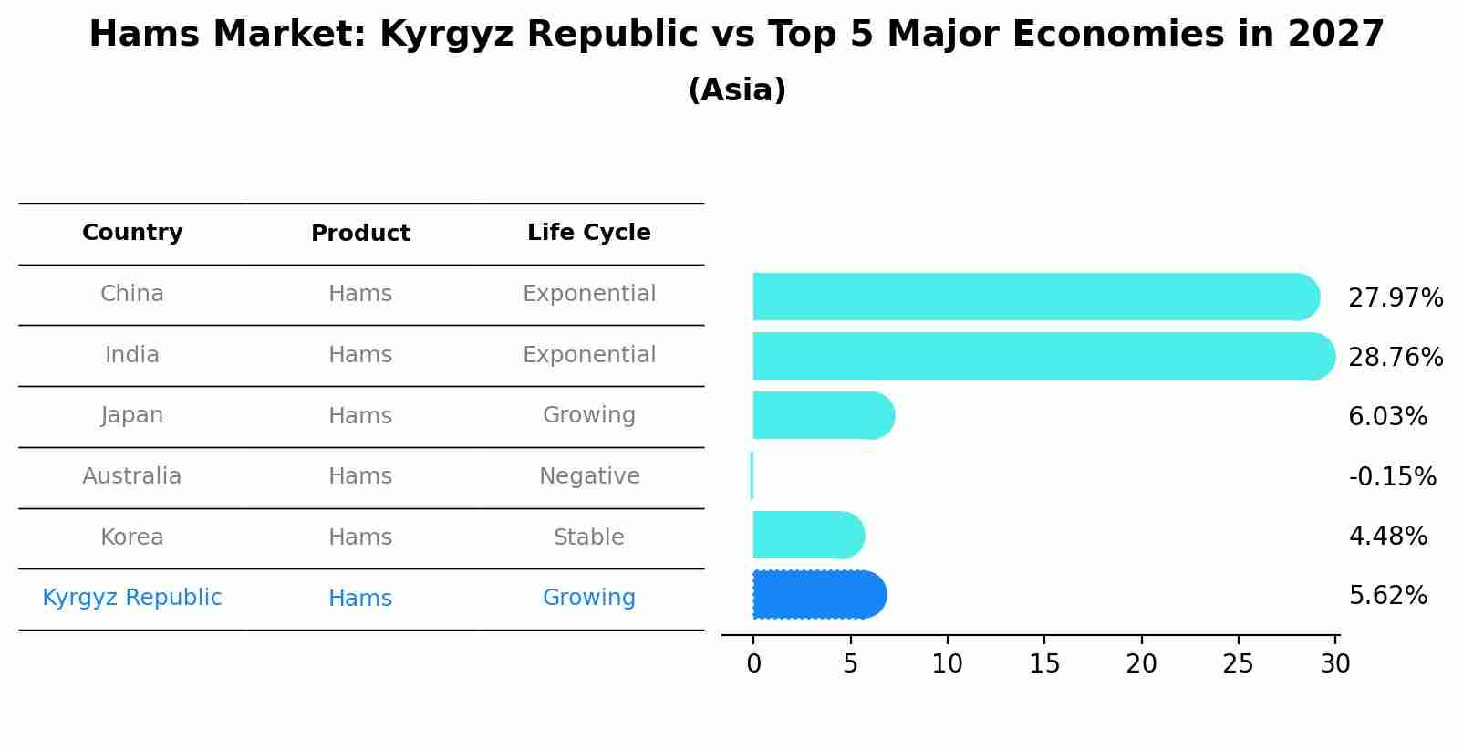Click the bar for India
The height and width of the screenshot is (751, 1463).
pyautogui.click(x=1040, y=356)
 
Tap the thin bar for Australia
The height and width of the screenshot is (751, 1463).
pyautogui.click(x=752, y=475)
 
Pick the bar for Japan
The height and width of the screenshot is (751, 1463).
pyautogui.click(x=821, y=415)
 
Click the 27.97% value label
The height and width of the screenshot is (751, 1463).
pyautogui.click(x=1395, y=298)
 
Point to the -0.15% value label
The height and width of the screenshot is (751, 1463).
pyautogui.click(x=1392, y=476)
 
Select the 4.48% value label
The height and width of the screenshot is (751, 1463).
pyautogui.click(x=1387, y=536)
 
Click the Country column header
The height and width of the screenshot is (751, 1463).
pyautogui.click(x=132, y=233)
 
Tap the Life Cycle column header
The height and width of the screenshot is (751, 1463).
pyautogui.click(x=588, y=233)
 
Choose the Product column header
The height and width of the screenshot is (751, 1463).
pyautogui.click(x=360, y=234)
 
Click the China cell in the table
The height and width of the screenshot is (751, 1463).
pyautogui.click(x=132, y=294)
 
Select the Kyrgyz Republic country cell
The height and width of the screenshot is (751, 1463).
pyautogui.click(x=132, y=598)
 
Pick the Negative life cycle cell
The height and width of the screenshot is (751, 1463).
pyautogui.click(x=589, y=476)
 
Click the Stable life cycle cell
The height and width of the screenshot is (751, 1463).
pyautogui.click(x=588, y=537)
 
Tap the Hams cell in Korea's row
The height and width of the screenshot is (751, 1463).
pyautogui.click(x=360, y=537)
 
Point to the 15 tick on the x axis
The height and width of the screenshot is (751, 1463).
pyautogui.click(x=1044, y=663)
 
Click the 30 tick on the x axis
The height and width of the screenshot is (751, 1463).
pyautogui.click(x=1334, y=663)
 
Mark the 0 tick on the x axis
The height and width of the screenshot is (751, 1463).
pyautogui.click(x=753, y=663)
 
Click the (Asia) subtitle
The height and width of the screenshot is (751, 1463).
pyautogui.click(x=737, y=90)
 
